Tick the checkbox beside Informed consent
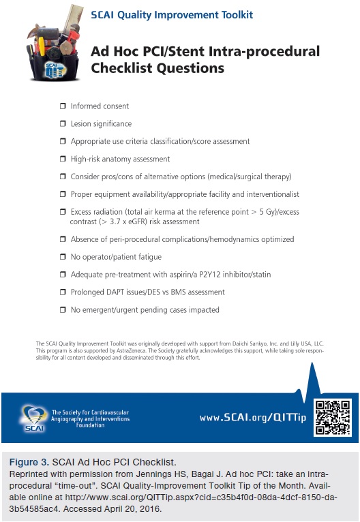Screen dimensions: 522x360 [x=63, y=106]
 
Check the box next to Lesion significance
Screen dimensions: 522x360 [x=63, y=124]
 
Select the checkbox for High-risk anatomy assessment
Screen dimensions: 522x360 [x=63, y=159]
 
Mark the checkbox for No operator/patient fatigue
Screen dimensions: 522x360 [x=63, y=257]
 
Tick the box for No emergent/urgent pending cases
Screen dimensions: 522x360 [x=63, y=309]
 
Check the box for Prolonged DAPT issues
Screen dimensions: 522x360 [x=63, y=292]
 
